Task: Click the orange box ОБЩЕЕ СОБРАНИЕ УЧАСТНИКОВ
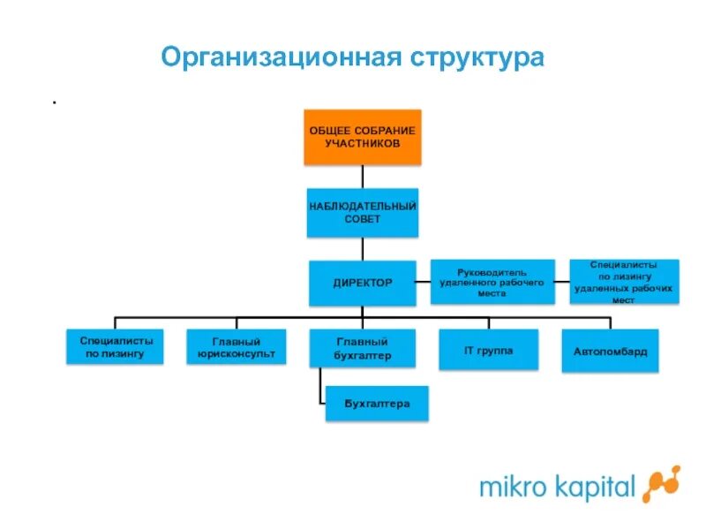[363, 137]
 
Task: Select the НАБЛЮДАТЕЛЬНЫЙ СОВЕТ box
[363, 212]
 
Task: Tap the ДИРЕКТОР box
[363, 283]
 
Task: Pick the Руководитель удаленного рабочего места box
[492, 282]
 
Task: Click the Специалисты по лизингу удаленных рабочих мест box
[624, 282]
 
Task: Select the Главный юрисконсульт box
[237, 347]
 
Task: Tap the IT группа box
[488, 350]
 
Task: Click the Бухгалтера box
[378, 404]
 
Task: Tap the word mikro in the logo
[509, 486]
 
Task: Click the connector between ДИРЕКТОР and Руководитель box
[424, 283]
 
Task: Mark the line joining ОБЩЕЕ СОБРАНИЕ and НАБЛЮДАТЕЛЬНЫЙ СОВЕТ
[363, 176]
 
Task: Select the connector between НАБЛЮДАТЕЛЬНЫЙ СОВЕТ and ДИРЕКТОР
[363, 248]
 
